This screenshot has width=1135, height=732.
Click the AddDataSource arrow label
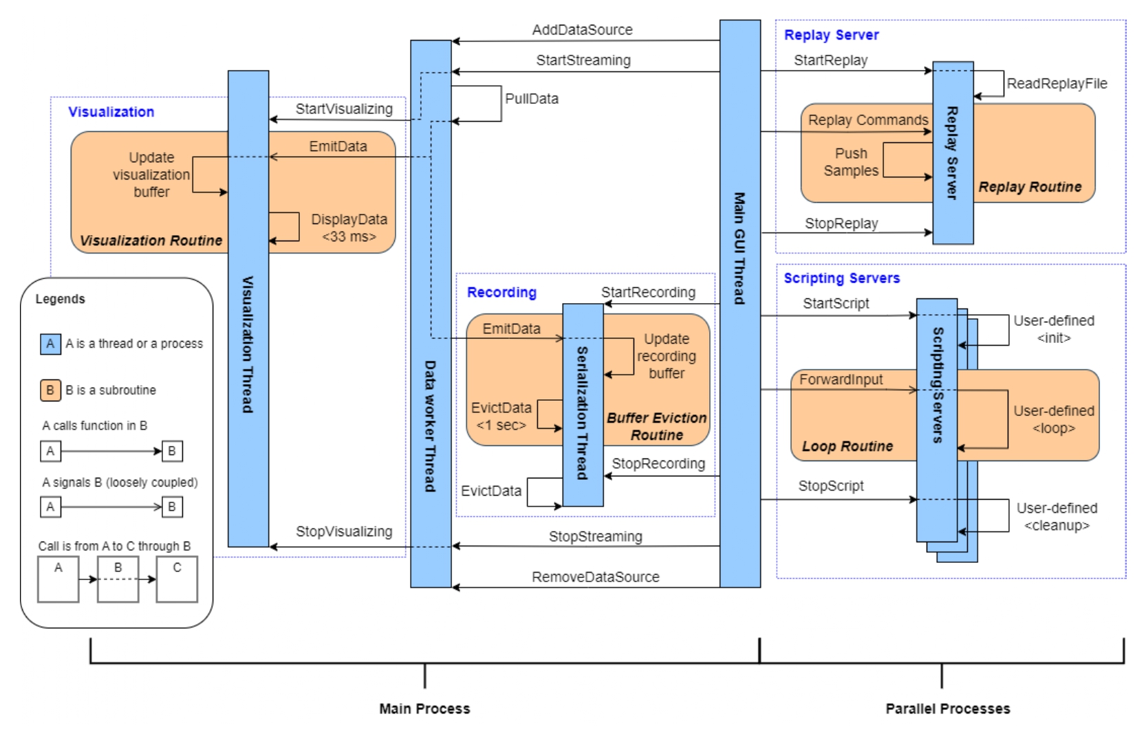tap(582, 30)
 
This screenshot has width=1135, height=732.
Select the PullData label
tap(532, 98)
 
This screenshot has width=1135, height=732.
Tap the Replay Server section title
tap(831, 35)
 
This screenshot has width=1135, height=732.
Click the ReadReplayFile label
tap(1057, 84)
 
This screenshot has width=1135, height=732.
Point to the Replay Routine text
tap(1030, 187)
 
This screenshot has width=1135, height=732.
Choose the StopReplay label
tap(841, 223)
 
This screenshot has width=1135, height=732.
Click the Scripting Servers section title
tap(841, 278)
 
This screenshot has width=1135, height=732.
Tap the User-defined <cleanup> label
tap(1057, 517)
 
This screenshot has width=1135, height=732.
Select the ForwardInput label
tap(841, 379)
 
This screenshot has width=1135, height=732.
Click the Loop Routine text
tap(847, 447)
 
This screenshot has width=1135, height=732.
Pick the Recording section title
tap(501, 292)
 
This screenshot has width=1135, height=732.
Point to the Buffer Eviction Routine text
tap(656, 426)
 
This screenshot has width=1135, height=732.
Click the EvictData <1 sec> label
tap(501, 417)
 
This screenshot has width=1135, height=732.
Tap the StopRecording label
tap(658, 464)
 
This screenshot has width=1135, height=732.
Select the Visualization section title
tap(111, 112)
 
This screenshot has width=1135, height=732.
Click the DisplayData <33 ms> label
tap(349, 228)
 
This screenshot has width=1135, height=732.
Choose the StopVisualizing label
tap(344, 531)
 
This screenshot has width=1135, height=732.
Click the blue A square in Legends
tap(50, 344)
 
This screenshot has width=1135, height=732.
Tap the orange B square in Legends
tap(50, 390)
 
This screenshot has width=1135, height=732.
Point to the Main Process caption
tap(424, 709)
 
